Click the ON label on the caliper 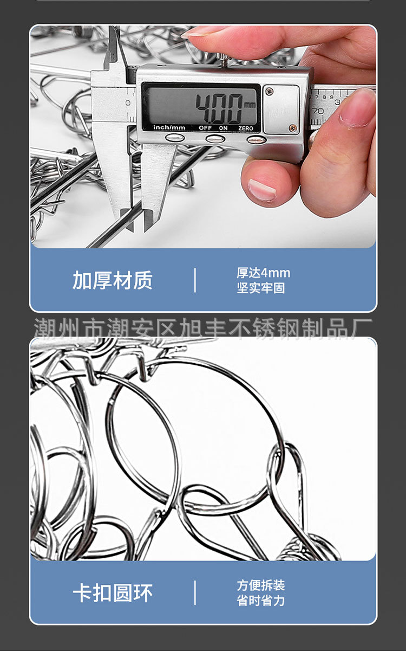click(x=222, y=128)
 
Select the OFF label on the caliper click(x=205, y=128)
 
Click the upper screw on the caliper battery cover click(x=270, y=92)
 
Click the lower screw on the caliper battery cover click(x=293, y=128)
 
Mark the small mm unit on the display click(x=250, y=104)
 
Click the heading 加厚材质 click(x=113, y=280)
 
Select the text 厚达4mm click(x=263, y=273)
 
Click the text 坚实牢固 click(x=260, y=288)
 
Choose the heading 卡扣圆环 click(x=113, y=592)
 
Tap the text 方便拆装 click(x=260, y=585)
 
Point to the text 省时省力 click(x=260, y=601)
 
